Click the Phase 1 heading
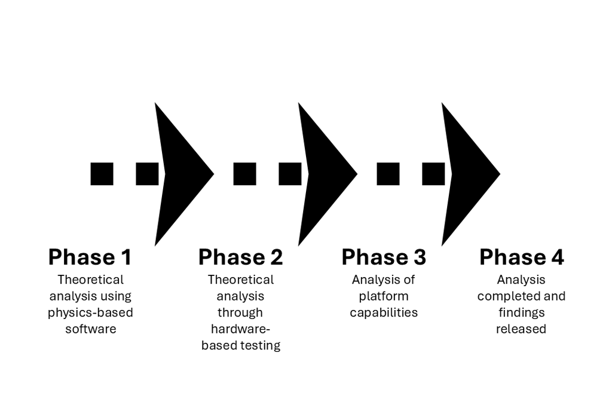(x=90, y=257)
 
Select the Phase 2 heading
(x=240, y=257)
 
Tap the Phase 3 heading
(x=384, y=257)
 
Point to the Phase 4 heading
(x=521, y=257)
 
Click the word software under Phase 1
(x=90, y=329)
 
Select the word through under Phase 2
(x=240, y=312)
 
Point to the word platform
(x=384, y=296)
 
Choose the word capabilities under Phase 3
(x=384, y=312)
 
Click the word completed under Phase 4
(x=509, y=296)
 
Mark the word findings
(x=521, y=312)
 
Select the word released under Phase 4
(x=521, y=329)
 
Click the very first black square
(x=102, y=174)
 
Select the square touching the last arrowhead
(x=433, y=174)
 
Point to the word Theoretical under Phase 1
(x=90, y=280)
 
